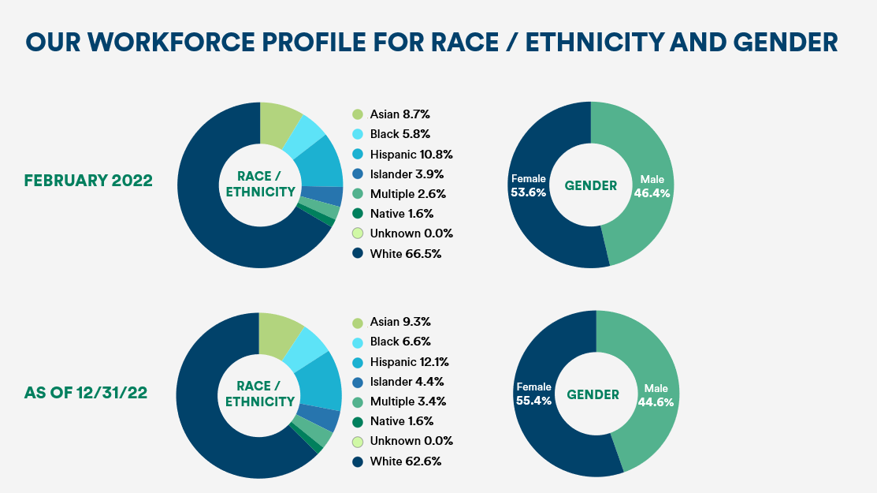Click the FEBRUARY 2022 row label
[88, 181]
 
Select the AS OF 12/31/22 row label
[86, 393]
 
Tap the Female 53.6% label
[528, 185]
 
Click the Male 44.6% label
[656, 395]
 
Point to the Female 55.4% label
[533, 394]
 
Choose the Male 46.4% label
[652, 186]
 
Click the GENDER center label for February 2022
[591, 186]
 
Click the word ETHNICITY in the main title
[594, 43]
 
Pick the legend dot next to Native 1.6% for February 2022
[358, 214]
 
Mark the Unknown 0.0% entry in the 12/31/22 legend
[402, 441]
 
